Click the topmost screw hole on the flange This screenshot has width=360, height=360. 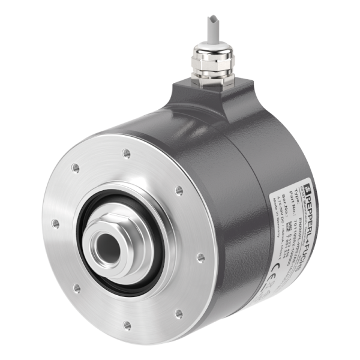[126, 153]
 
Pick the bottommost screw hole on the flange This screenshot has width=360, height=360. [127, 325]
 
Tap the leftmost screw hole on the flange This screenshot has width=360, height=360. [56, 223]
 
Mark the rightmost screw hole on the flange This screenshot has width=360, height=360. [200, 257]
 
